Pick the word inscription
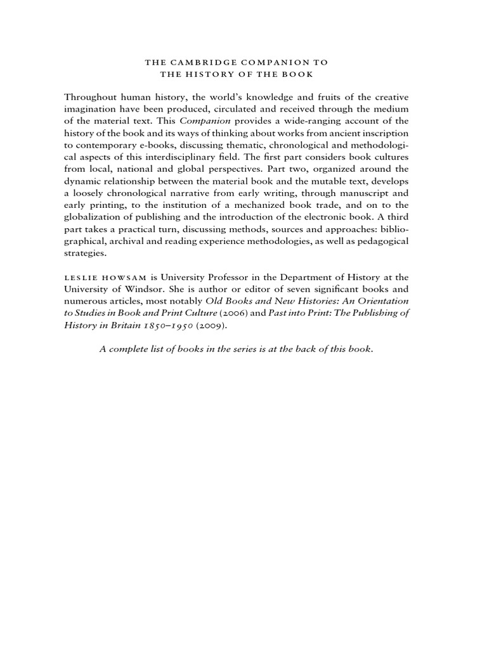[x=383, y=133]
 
